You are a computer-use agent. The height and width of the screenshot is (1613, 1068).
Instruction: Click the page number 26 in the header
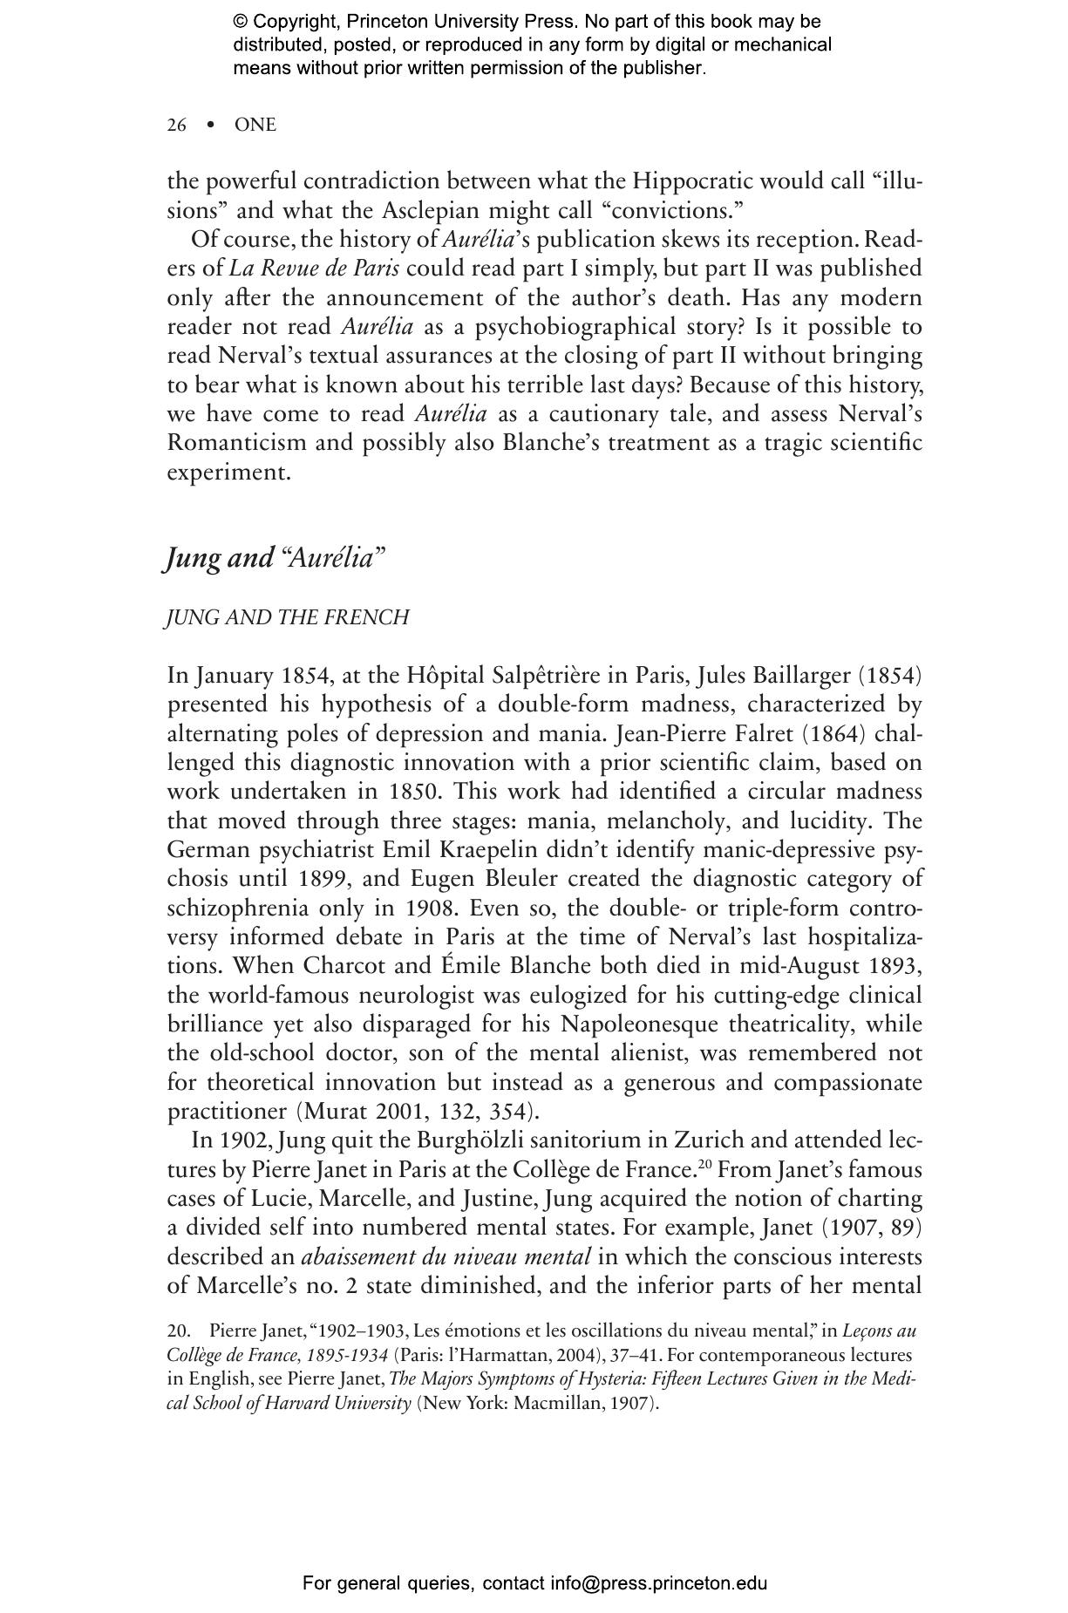[x=176, y=126]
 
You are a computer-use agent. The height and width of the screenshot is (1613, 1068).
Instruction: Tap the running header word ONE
[x=255, y=126]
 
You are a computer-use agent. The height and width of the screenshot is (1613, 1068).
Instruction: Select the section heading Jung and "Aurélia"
[x=274, y=558]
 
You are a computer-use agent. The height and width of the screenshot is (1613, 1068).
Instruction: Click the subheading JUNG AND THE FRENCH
[x=288, y=618]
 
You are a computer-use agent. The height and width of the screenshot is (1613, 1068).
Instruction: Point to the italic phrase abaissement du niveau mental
[x=446, y=1257]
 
